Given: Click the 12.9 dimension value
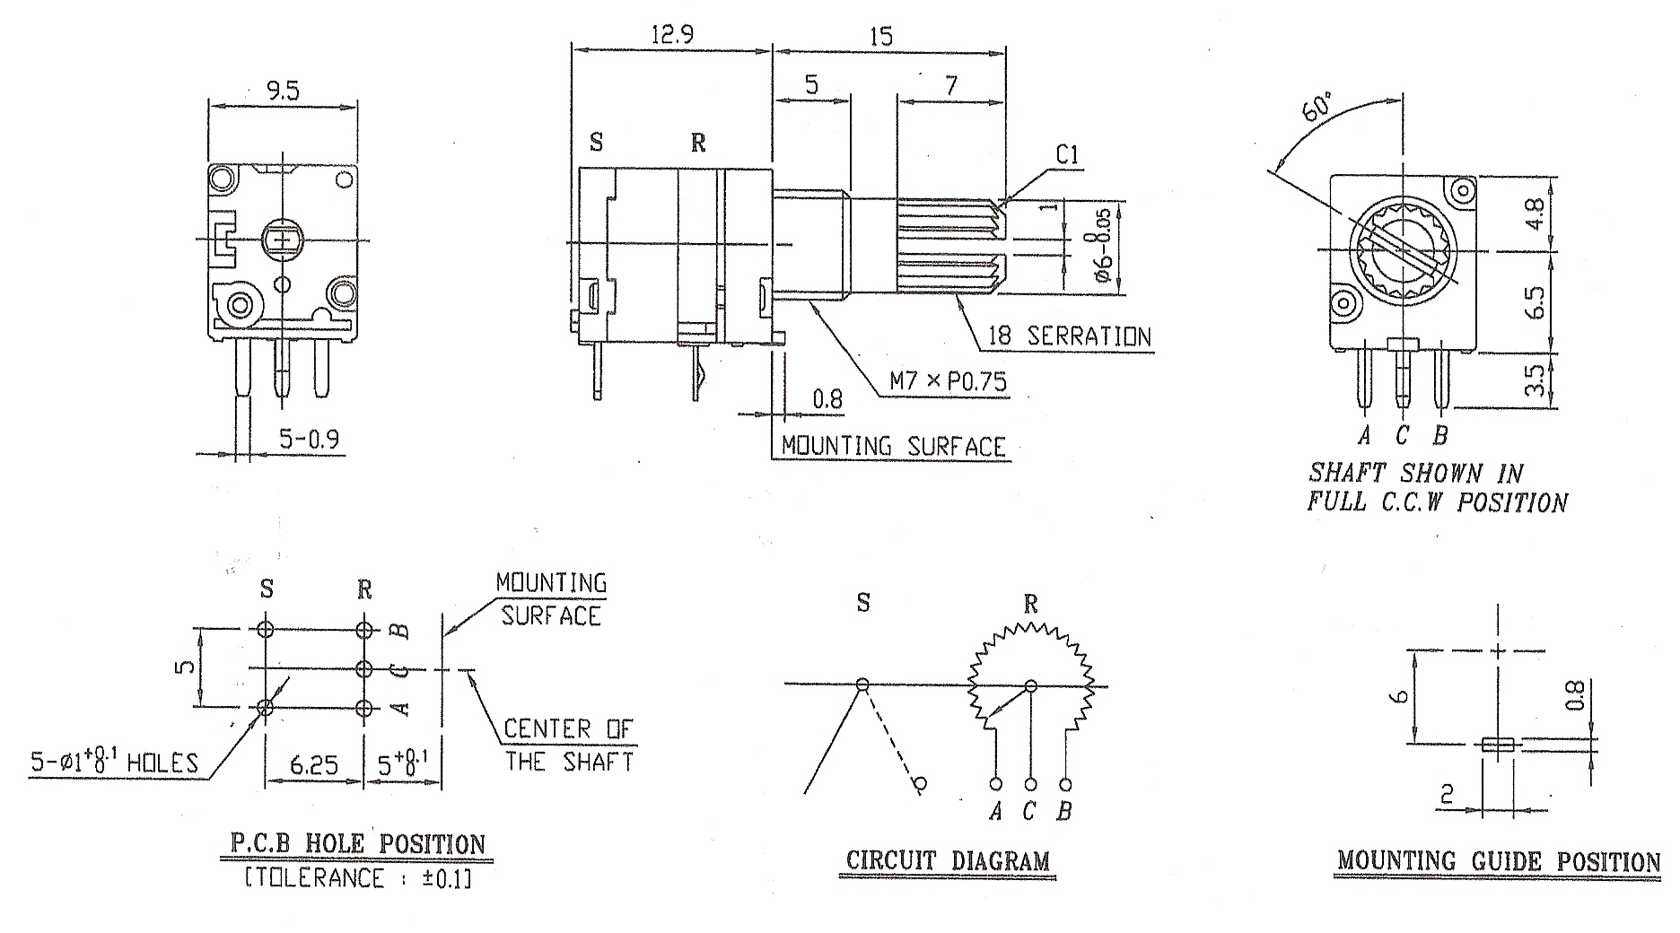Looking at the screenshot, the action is pyautogui.click(x=670, y=35).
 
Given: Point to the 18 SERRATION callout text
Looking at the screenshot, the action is pyautogui.click(x=1069, y=336).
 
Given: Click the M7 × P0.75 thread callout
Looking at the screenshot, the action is pyautogui.click(x=949, y=382).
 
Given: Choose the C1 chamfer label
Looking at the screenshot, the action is pyautogui.click(x=1068, y=155).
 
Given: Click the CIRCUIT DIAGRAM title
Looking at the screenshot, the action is pyautogui.click(x=948, y=861).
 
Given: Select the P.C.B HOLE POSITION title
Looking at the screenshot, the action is pyautogui.click(x=358, y=843).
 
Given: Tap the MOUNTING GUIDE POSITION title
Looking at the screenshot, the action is pyautogui.click(x=1499, y=861).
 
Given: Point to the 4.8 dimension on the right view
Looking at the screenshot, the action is pyautogui.click(x=1535, y=214).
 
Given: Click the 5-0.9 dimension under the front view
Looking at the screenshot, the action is pyautogui.click(x=309, y=439).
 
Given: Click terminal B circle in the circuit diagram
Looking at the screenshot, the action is pyautogui.click(x=1065, y=782).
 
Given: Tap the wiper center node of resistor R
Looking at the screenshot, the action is pyautogui.click(x=1031, y=686).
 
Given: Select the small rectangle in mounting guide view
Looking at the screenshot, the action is pyautogui.click(x=1497, y=744).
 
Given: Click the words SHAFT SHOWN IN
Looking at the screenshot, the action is pyautogui.click(x=1415, y=472).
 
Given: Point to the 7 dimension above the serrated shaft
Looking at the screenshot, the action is pyautogui.click(x=951, y=86).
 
